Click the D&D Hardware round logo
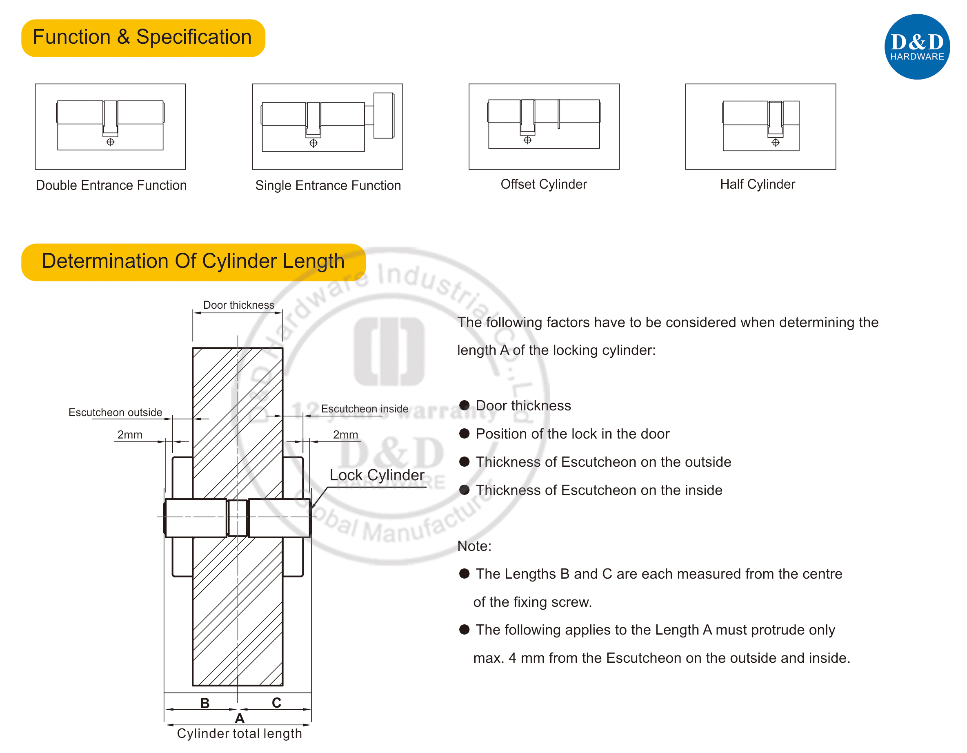coord(916,47)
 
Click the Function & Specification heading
coord(142,37)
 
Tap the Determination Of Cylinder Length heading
coord(193,261)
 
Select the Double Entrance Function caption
coord(111,185)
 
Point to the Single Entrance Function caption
coord(328,185)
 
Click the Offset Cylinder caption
coord(543,184)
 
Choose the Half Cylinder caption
coord(757,184)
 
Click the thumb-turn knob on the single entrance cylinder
coord(383,116)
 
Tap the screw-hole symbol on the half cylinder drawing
coord(775,143)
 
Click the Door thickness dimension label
coord(239,305)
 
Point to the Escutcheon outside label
coord(115,412)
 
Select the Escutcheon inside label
coord(365,409)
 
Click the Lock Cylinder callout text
coord(377,475)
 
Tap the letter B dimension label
coord(205,703)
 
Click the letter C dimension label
coord(276,702)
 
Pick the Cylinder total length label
coord(239,733)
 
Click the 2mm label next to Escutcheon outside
coord(130,434)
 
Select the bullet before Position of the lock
coord(464,434)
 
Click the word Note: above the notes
coord(474,546)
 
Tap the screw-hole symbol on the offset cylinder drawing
coord(527,140)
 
